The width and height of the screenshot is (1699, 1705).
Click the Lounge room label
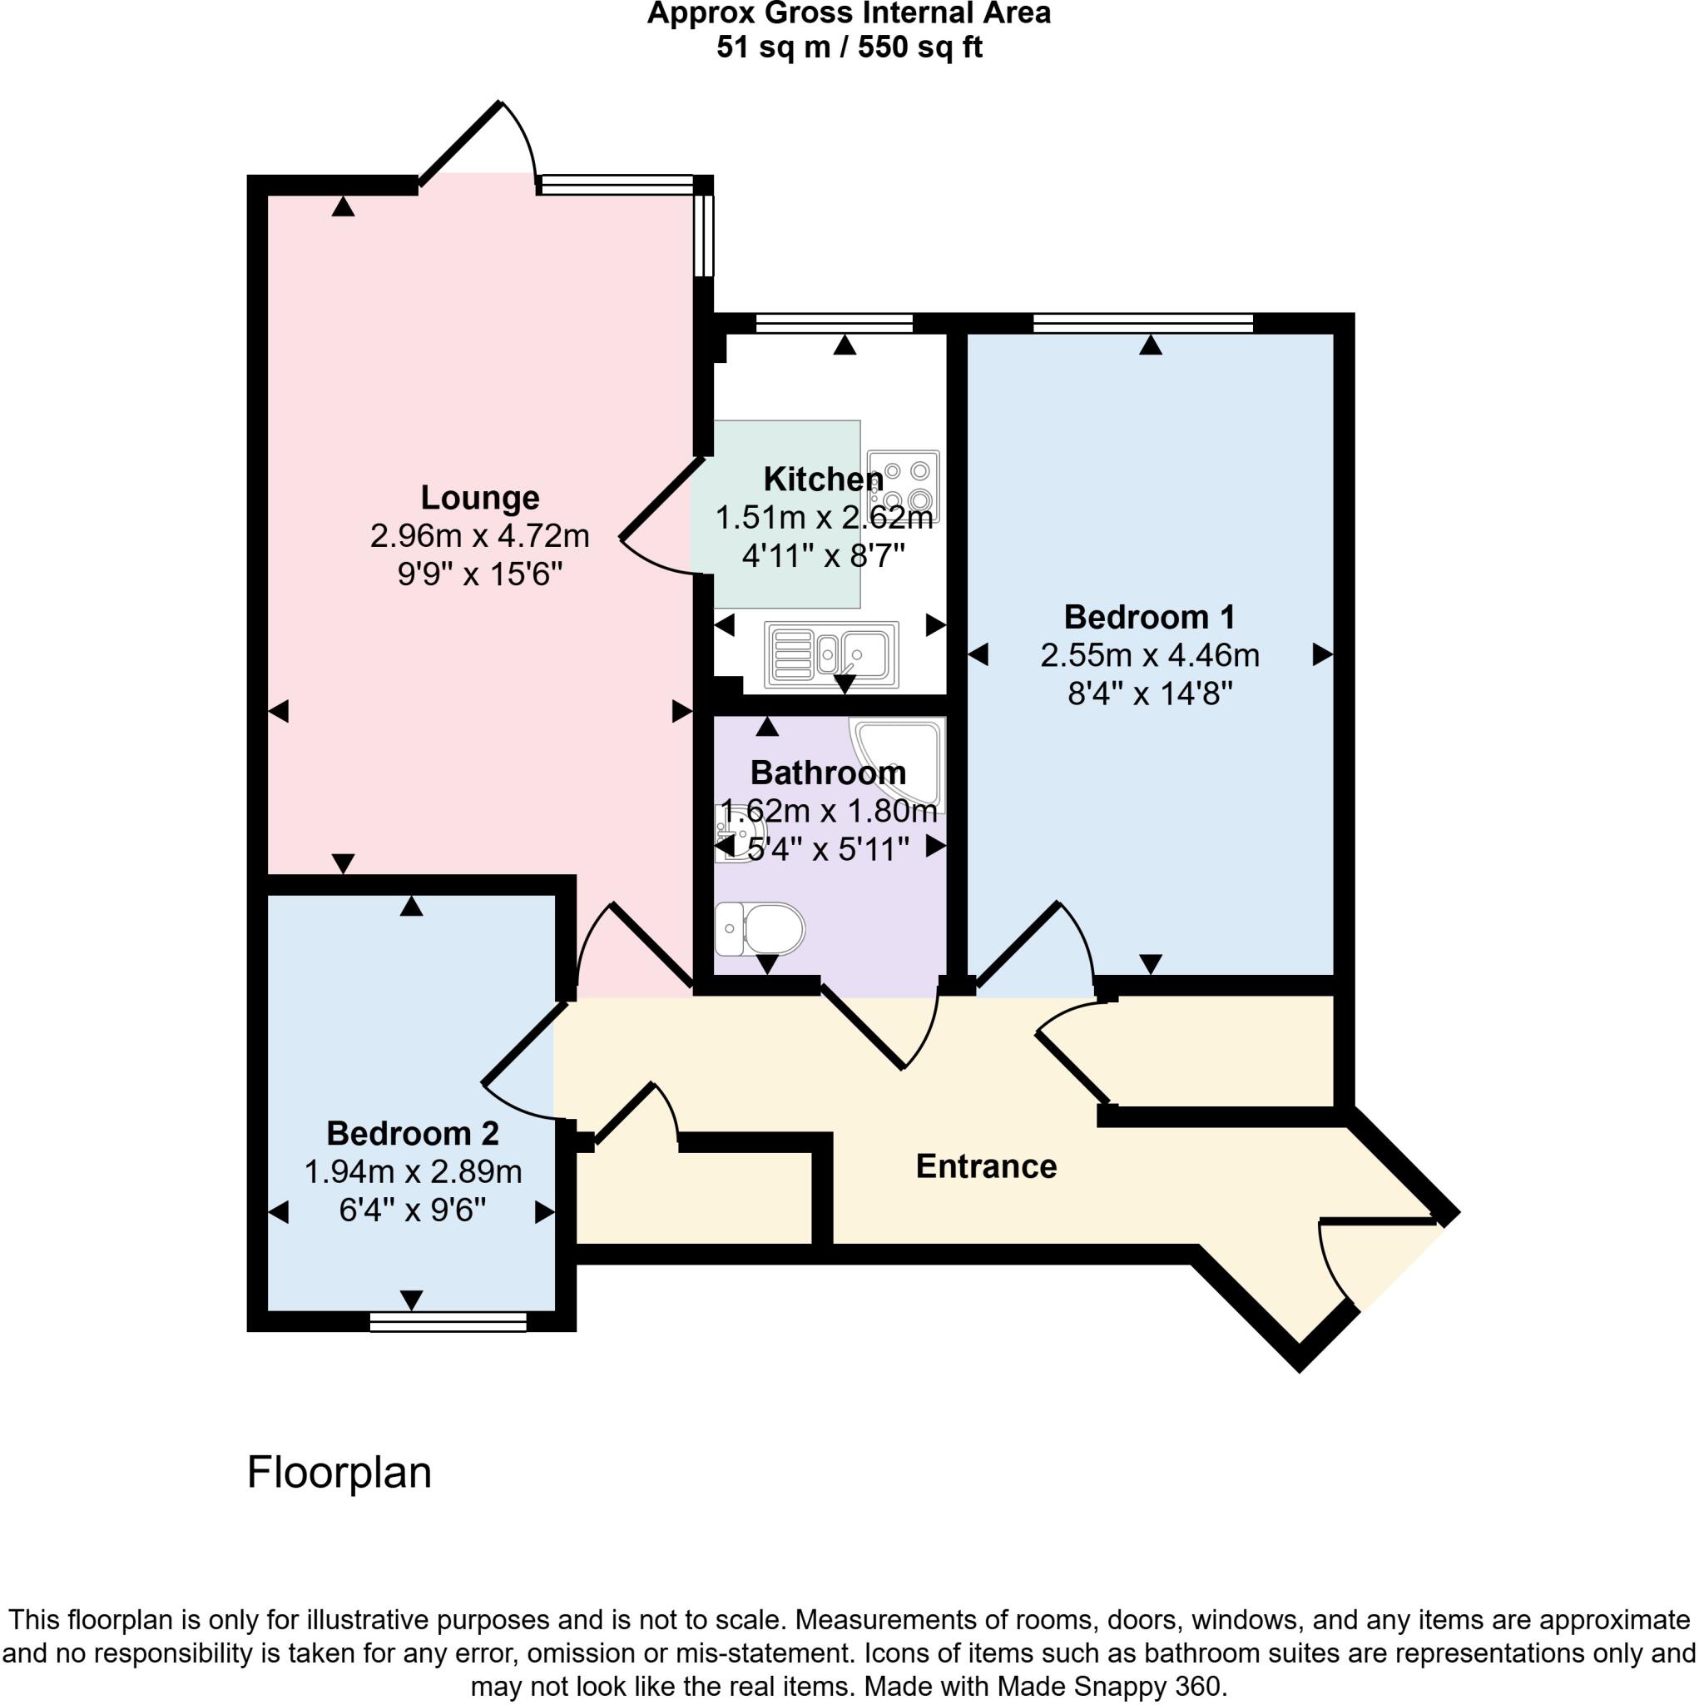point(480,498)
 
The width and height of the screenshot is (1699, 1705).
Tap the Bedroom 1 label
point(1149,617)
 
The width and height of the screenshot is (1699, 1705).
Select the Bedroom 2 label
point(413,1133)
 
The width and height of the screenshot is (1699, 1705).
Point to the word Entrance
point(986,1166)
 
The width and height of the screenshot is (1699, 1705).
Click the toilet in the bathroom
point(760,928)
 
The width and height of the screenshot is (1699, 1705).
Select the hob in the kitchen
point(904,486)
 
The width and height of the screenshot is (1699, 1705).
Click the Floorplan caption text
point(339,1472)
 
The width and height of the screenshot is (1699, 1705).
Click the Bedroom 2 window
point(448,1321)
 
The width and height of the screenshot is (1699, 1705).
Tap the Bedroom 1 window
point(1142,324)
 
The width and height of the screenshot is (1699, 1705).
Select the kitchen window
point(834,324)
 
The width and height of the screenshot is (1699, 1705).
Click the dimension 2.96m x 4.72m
point(480,535)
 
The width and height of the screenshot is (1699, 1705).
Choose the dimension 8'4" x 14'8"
point(1149,693)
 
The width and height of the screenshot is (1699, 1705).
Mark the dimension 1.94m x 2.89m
point(413,1172)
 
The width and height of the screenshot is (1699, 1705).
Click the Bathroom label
point(829,773)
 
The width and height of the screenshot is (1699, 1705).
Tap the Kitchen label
point(823,480)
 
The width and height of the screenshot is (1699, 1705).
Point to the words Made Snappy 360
point(1112,1687)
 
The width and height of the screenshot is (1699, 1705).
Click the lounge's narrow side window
point(703,236)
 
